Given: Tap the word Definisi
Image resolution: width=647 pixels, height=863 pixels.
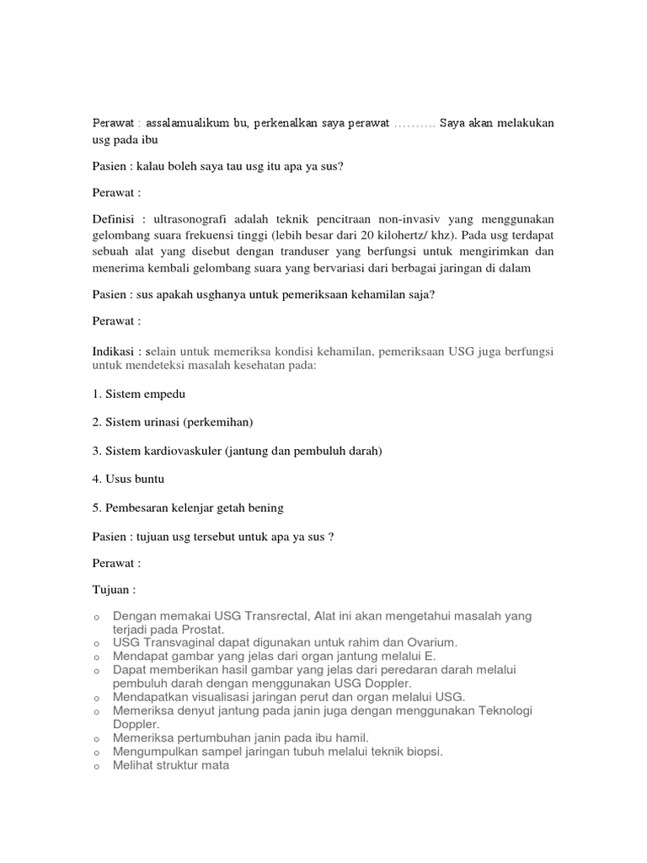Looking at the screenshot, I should pos(115,217).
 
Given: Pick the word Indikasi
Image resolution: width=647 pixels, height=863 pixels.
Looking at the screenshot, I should pos(114,350).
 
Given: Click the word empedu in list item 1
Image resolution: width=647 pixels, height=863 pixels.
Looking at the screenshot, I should pos(167,394).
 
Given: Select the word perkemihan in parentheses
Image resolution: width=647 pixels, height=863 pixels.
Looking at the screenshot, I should pos(220,422).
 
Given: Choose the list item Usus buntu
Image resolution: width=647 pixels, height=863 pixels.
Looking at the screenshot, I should pos(135,479).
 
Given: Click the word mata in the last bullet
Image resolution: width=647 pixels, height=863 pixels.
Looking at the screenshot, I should pos(217,765).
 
